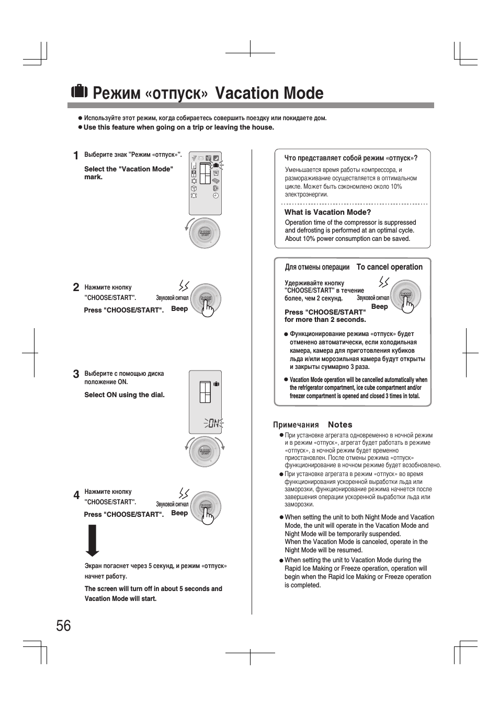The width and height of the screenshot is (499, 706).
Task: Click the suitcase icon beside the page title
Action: (x=79, y=91)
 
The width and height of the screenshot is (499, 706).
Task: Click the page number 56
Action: (x=63, y=626)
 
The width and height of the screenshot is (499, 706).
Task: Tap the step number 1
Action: (x=76, y=156)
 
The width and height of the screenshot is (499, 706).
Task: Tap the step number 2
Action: (x=76, y=287)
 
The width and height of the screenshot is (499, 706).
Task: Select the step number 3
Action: (x=76, y=374)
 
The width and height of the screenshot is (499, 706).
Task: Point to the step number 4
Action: (x=76, y=495)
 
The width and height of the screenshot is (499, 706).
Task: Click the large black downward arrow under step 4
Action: (x=93, y=540)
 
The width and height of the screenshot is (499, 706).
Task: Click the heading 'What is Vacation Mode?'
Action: (x=327, y=212)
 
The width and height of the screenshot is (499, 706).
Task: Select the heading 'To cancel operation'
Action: (x=389, y=267)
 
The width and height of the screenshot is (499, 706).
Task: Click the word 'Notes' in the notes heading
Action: (x=340, y=425)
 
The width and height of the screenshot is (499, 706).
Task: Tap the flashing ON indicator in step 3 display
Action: (x=213, y=423)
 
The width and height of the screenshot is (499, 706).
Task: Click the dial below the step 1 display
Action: (x=205, y=233)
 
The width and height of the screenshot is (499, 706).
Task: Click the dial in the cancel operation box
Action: (x=406, y=295)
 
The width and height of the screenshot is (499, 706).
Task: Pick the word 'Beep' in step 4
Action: (x=179, y=513)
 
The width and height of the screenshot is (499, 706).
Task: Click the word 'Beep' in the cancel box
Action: (x=379, y=307)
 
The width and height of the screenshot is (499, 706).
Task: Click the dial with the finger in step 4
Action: (x=206, y=506)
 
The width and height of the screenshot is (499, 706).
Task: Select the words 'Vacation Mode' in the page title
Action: (x=269, y=93)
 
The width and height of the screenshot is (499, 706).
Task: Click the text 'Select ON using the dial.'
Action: (x=124, y=395)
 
